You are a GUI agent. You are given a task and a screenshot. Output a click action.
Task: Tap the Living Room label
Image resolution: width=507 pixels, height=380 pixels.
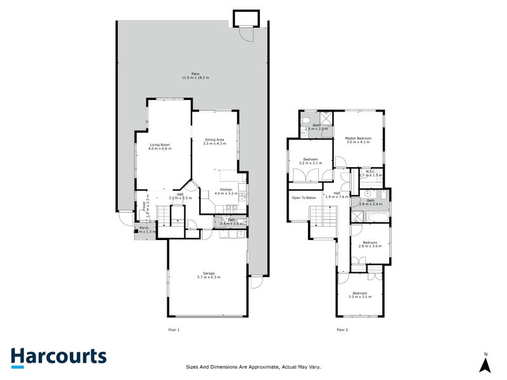click(160, 144)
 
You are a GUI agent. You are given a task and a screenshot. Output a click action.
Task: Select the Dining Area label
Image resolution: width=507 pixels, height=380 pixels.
click(214, 139)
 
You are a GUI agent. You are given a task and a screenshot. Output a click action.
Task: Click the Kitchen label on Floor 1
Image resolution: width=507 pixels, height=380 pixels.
click(226, 189)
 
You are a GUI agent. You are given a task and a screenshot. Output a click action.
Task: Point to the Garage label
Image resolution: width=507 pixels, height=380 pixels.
click(209, 273)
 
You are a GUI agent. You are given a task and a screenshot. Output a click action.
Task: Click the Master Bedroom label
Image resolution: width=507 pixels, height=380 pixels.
click(358, 138)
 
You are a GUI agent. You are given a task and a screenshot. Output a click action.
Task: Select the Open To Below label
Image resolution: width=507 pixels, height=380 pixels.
click(304, 198)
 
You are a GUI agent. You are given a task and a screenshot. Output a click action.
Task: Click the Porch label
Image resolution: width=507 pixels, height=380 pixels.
click(144, 227)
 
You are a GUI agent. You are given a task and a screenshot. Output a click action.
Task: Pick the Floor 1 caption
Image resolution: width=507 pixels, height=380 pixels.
click(174, 329)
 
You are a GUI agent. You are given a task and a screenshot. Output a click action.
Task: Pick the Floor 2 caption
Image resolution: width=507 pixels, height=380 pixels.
click(342, 329)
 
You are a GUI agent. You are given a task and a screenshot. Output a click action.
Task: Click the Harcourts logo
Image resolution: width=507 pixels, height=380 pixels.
click(58, 357)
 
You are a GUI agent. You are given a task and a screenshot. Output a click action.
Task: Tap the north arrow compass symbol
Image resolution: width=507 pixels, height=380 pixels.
click(485, 364)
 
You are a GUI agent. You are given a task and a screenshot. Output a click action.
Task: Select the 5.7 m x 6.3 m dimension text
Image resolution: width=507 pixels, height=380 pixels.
click(209, 277)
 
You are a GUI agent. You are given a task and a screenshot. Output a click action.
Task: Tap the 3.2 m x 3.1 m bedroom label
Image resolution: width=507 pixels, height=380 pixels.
click(311, 161)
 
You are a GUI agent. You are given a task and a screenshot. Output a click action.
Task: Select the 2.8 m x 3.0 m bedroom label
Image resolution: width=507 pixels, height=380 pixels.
click(371, 244)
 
